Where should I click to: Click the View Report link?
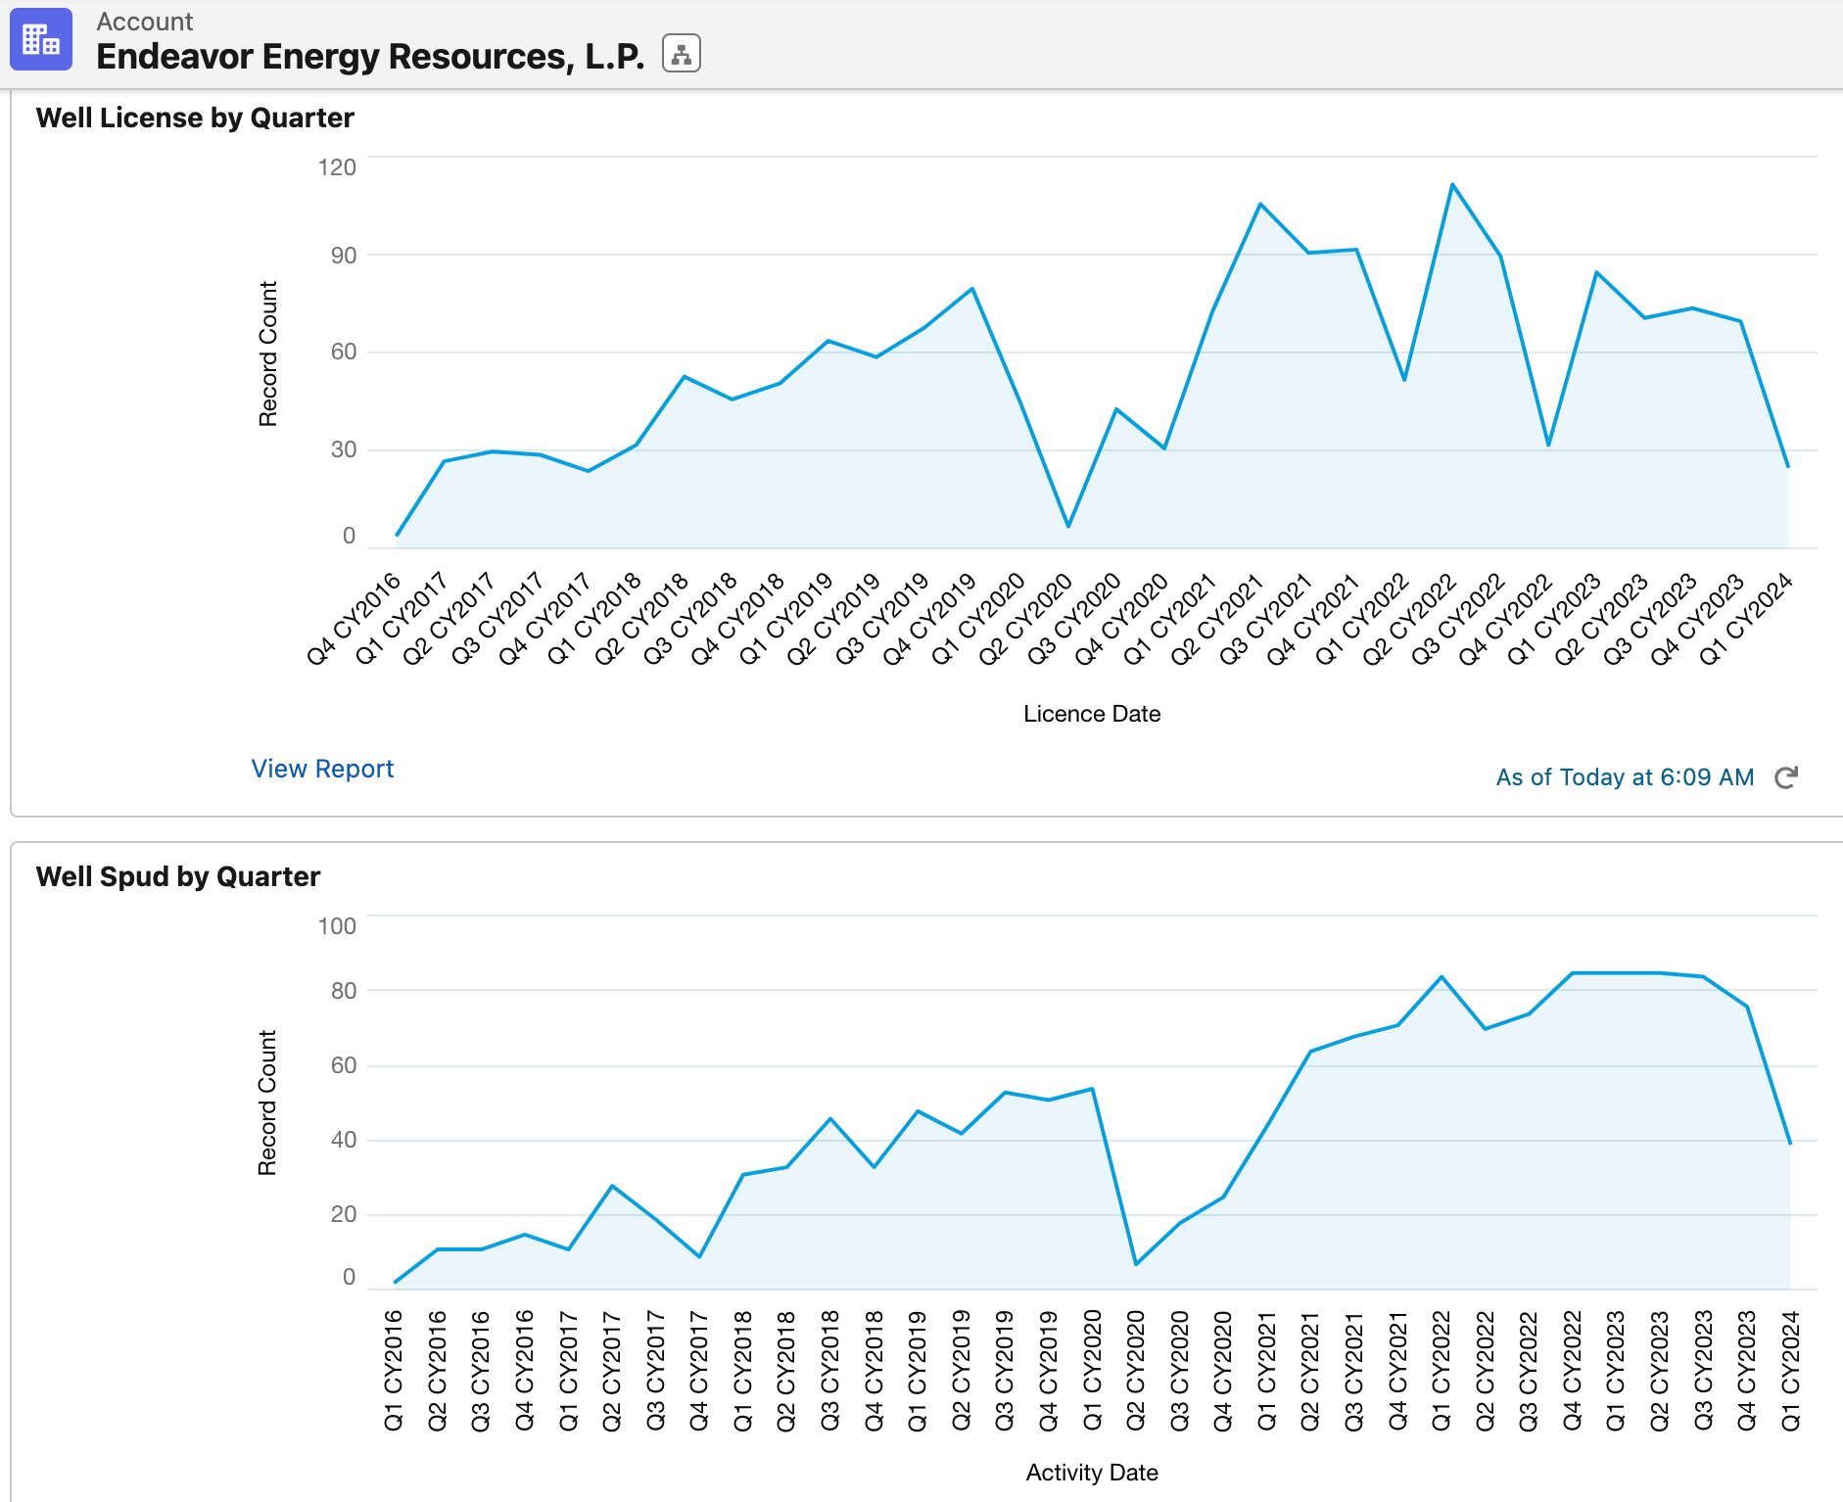point(322,769)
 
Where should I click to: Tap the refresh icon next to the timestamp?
point(1786,777)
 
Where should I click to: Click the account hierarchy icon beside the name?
point(682,54)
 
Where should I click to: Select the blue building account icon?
point(41,40)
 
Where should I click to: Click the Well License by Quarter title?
point(195,117)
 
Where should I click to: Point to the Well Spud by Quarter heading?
point(178,876)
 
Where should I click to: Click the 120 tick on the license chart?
point(337,167)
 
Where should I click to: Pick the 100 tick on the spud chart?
point(337,926)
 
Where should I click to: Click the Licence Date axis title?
point(1092,714)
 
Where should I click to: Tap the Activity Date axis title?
point(1092,1473)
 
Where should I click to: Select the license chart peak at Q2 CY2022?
point(1452,184)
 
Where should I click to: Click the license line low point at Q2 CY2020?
point(1068,527)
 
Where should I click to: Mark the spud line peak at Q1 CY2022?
point(1441,976)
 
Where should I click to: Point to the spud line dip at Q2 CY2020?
point(1136,1264)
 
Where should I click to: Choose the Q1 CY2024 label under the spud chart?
point(1790,1371)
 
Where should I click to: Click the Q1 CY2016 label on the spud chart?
point(394,1371)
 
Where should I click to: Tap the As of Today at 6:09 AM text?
point(1625,777)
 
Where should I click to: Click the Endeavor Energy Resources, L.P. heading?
point(370,57)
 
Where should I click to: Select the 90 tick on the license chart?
point(344,256)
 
